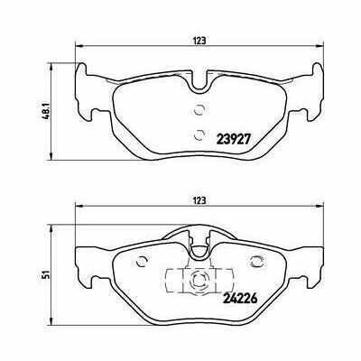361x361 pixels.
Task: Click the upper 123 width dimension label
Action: (x=199, y=38)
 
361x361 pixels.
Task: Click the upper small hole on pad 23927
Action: (x=196, y=112)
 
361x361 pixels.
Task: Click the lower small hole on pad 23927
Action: (x=196, y=134)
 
